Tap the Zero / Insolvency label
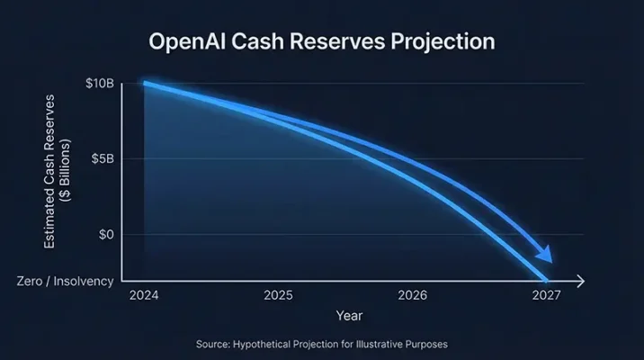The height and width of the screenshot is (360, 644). pos(66,281)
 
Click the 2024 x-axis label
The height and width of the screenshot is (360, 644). pos(144,295)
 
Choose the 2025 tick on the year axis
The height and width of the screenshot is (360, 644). pos(278,295)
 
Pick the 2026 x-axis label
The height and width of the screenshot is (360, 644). pos(412,295)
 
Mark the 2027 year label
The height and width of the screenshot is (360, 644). pos(545,295)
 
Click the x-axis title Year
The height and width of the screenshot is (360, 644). pos(349,316)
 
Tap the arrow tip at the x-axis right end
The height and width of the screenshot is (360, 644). pos(584,281)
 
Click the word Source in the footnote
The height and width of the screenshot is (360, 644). pos(214,344)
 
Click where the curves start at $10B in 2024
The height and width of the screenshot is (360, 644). pos(145,84)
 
